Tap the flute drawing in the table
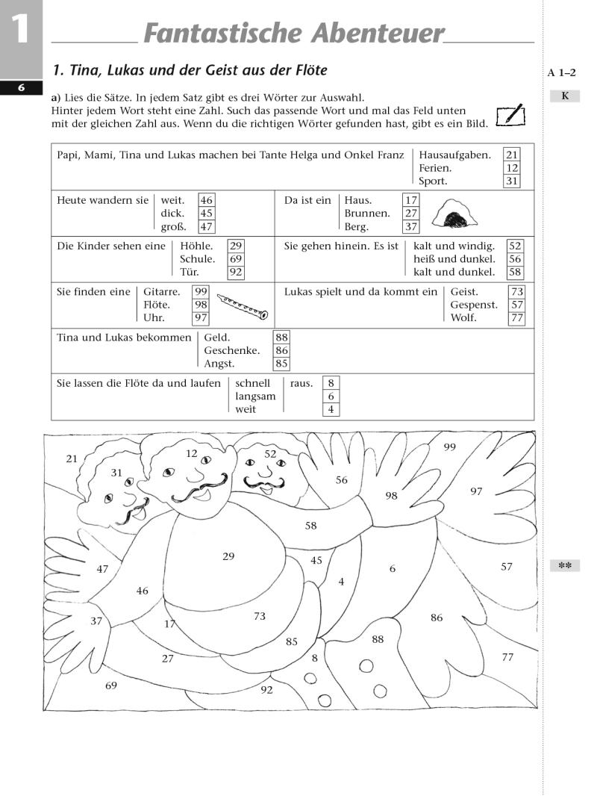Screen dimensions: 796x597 (242, 305)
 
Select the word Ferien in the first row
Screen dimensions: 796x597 (435, 168)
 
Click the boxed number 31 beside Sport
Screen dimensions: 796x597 (512, 181)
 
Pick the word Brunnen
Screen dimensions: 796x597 (367, 214)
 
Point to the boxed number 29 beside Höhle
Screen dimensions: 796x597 (236, 246)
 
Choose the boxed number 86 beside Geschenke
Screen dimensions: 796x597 (281, 350)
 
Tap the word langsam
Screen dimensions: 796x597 (255, 397)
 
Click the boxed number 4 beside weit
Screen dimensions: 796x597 (331, 409)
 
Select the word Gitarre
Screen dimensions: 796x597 (160, 292)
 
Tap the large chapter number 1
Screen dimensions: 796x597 (20, 31)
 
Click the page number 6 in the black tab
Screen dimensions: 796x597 (22, 87)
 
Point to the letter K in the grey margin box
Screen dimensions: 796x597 (565, 96)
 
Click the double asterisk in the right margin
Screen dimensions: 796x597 (565, 566)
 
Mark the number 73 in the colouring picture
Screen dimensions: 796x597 (260, 616)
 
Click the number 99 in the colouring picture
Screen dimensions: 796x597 (449, 447)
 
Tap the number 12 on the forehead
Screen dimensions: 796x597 (192, 453)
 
